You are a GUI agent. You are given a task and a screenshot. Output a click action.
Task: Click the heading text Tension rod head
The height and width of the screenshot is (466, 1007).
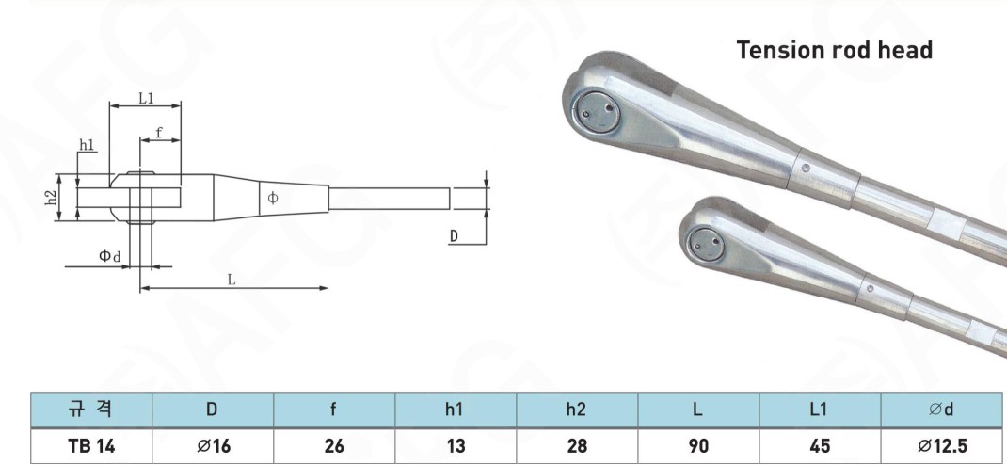(x=834, y=50)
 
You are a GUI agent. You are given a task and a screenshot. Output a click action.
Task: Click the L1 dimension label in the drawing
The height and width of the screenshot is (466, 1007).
(x=147, y=98)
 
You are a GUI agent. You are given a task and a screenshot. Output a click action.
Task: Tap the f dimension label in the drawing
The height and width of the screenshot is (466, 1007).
(x=159, y=133)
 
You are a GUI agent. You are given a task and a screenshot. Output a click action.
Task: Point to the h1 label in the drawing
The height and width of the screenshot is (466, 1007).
(x=87, y=145)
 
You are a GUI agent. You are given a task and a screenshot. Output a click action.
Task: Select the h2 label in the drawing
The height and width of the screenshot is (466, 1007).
(x=54, y=198)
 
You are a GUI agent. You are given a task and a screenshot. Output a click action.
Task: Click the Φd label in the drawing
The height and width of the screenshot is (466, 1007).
(x=109, y=256)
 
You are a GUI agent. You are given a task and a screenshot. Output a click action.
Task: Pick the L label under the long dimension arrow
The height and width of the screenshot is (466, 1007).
(x=232, y=281)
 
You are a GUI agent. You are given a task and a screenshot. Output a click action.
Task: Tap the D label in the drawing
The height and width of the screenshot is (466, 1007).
(x=454, y=236)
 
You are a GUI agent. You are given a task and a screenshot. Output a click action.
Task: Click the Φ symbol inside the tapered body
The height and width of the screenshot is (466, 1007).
(x=273, y=198)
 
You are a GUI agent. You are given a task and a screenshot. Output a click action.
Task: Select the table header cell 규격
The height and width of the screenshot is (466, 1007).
(x=91, y=410)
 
